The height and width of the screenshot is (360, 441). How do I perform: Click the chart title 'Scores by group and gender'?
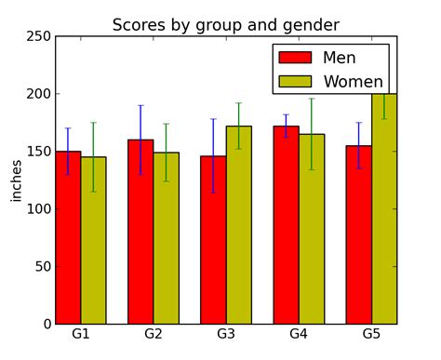pyautogui.click(x=226, y=25)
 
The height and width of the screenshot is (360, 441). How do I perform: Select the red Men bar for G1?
pyautogui.click(x=68, y=237)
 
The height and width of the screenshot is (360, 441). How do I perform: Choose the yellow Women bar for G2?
pyautogui.click(x=166, y=238)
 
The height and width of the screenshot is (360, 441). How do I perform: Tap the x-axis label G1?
pyautogui.click(x=81, y=334)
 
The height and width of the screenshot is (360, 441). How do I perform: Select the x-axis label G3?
pyautogui.click(x=226, y=334)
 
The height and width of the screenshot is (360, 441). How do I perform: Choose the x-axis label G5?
pyautogui.click(x=371, y=334)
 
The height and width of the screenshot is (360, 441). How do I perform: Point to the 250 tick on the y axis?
pyautogui.click(x=38, y=37)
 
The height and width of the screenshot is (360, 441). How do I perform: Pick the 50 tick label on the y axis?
pyautogui.click(x=41, y=267)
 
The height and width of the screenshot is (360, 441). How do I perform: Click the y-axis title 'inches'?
pyautogui.click(x=16, y=180)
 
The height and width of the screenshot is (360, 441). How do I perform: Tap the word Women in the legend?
pyautogui.click(x=353, y=82)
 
